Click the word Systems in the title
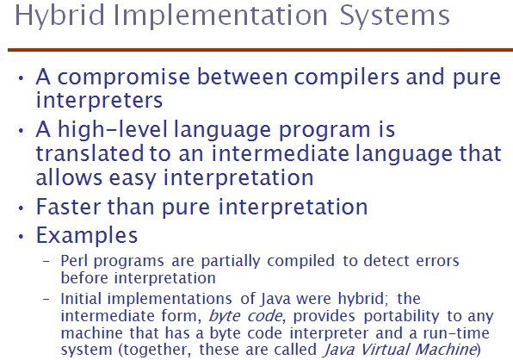(x=394, y=16)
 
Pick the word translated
(x=90, y=153)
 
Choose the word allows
(x=69, y=177)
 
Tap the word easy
(x=133, y=179)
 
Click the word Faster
(x=69, y=207)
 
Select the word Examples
(x=87, y=236)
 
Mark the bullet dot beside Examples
(x=22, y=236)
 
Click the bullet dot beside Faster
(x=22, y=208)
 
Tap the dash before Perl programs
(x=46, y=262)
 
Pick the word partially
(x=231, y=262)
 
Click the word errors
(x=438, y=262)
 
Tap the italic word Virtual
(x=385, y=349)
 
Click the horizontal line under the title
(x=261, y=50)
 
